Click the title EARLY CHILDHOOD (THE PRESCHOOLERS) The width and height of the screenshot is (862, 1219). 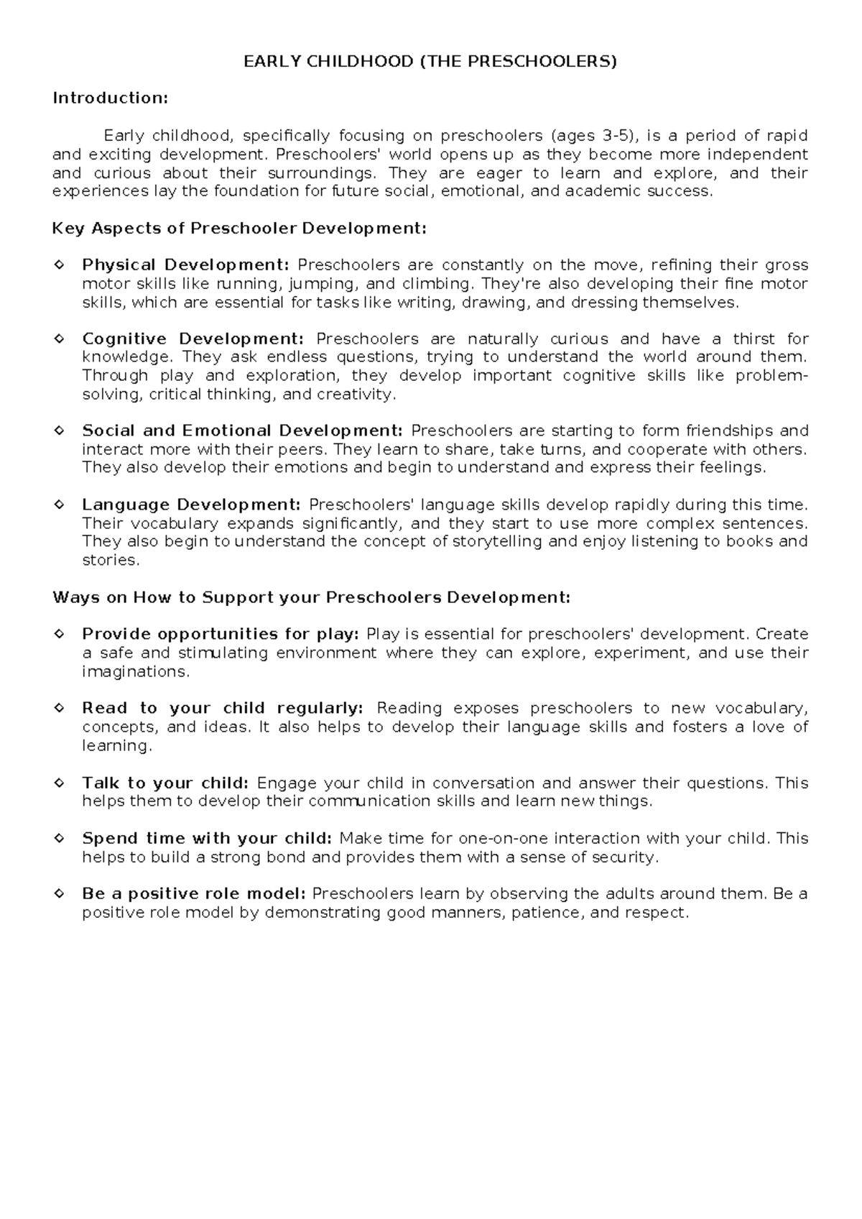pyautogui.click(x=430, y=62)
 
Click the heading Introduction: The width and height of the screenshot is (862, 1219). pyautogui.click(x=110, y=98)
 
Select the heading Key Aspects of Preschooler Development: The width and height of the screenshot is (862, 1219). pyautogui.click(x=239, y=229)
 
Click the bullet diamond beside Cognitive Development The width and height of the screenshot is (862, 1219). pyautogui.click(x=60, y=339)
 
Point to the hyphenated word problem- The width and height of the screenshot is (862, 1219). pyautogui.click(x=771, y=376)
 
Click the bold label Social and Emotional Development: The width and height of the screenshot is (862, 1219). pyautogui.click(x=242, y=431)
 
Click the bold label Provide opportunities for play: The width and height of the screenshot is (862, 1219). pyautogui.click(x=220, y=634)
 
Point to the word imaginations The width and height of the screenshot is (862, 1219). pyautogui.click(x=135, y=671)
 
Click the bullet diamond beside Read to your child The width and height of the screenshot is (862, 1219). pyautogui.click(x=60, y=708)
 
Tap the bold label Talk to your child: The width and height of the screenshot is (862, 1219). pyautogui.click(x=165, y=783)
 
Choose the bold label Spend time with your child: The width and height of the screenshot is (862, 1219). pyautogui.click(x=207, y=838)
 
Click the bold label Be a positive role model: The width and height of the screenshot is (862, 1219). pyautogui.click(x=194, y=894)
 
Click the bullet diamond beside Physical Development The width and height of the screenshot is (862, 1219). pyautogui.click(x=60, y=265)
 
